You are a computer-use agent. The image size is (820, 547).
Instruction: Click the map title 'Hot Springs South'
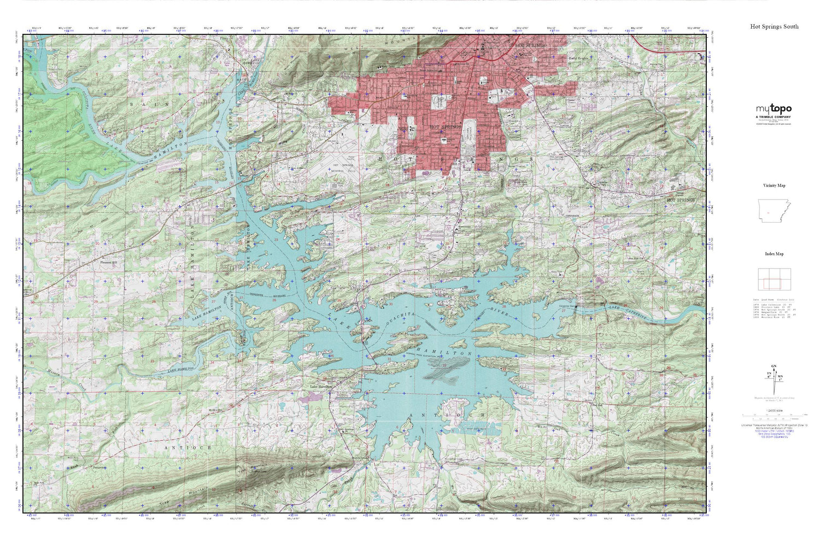point(774,26)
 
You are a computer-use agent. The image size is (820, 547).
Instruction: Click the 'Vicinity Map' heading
point(774,185)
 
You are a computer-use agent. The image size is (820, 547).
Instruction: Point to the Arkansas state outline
point(774,211)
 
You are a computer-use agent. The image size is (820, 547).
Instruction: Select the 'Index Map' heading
point(774,254)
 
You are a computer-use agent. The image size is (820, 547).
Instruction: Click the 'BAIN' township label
point(139,103)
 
